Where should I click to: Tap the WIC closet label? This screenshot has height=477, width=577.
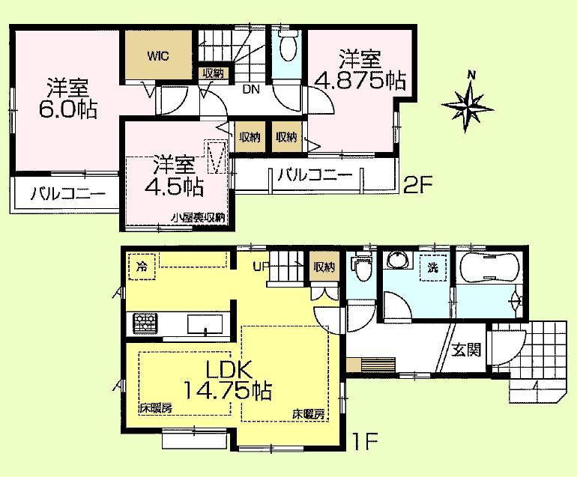(157, 55)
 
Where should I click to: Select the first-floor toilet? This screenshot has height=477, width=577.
(363, 269)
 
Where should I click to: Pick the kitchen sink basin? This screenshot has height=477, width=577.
(203, 324)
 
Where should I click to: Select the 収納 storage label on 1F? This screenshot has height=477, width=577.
(324, 267)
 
